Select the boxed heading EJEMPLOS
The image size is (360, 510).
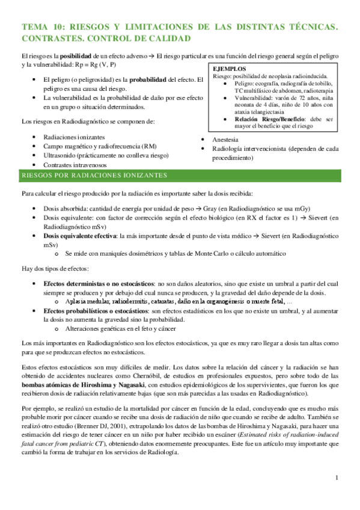pyautogui.click(x=230, y=69)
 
